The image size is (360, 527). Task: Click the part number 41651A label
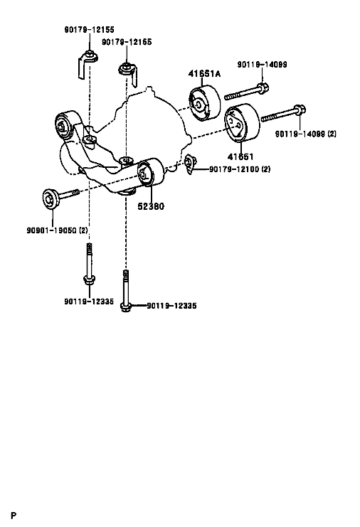204,73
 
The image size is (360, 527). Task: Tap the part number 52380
151,206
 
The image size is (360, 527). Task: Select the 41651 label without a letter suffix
240,156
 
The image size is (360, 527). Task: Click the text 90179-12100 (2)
240,169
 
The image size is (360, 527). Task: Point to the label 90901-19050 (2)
57,230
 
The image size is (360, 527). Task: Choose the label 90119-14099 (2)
306,134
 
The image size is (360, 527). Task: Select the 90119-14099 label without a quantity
263,65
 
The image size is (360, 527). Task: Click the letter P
14,515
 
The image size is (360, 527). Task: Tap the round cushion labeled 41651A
204,103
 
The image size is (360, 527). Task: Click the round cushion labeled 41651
242,122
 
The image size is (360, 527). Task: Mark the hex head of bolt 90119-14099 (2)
300,111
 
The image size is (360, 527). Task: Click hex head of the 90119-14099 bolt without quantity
263,89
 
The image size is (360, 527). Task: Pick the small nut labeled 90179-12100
190,164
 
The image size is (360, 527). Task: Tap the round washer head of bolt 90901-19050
50,199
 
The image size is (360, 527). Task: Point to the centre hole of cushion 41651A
198,105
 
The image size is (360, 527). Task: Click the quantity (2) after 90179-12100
265,169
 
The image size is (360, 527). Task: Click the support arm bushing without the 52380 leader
65,124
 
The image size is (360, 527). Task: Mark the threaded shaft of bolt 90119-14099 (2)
277,116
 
